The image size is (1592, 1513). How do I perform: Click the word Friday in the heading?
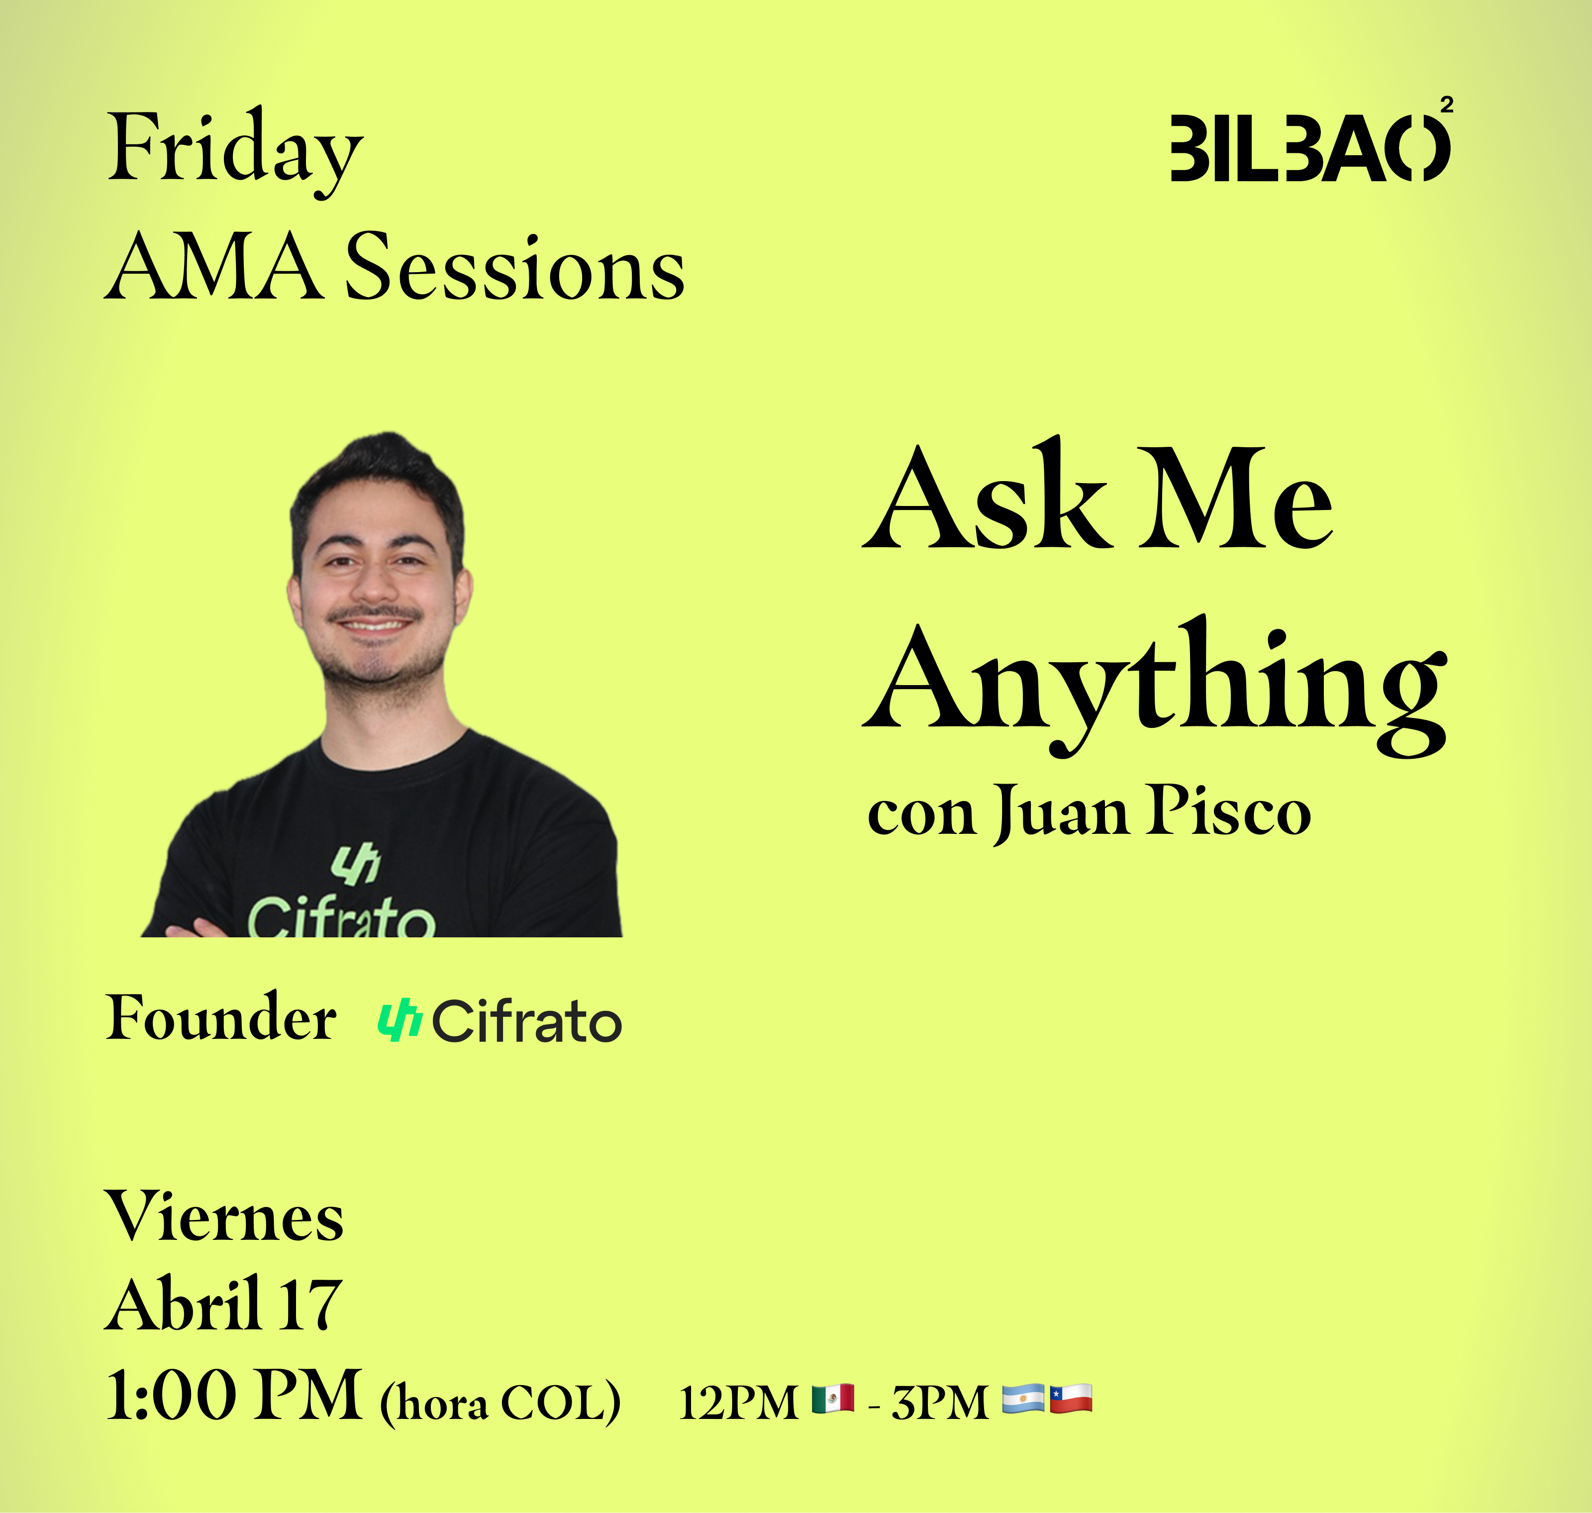pyautogui.click(x=235, y=152)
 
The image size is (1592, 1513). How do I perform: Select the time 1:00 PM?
pyautogui.click(x=234, y=1395)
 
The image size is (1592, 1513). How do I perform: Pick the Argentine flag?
pyautogui.click(x=1023, y=1399)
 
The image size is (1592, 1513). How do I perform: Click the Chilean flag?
pyautogui.click(x=1071, y=1399)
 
